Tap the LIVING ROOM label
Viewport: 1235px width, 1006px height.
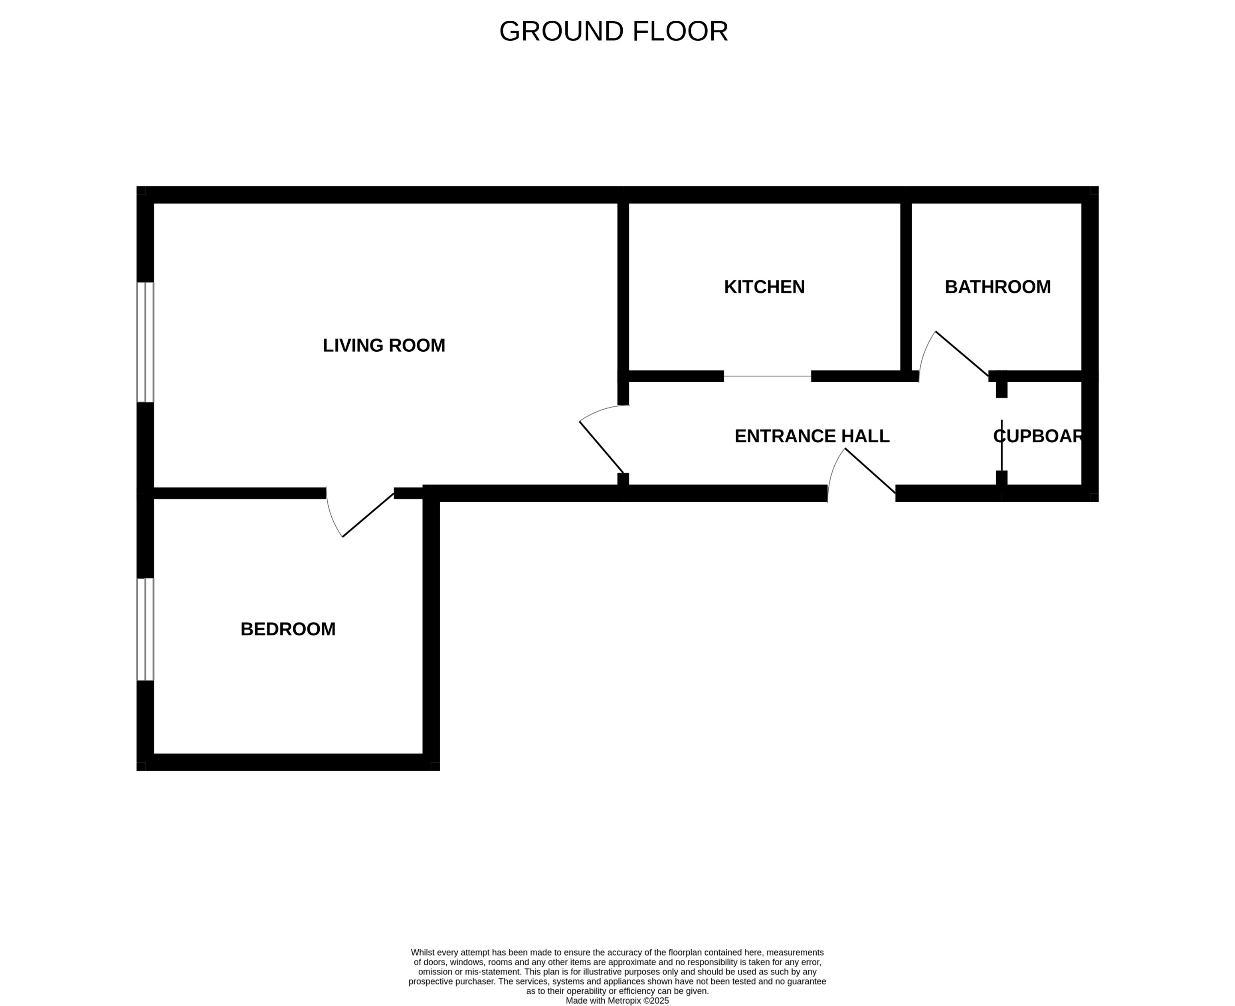click(x=384, y=345)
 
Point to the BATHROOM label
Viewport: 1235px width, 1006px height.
click(x=997, y=287)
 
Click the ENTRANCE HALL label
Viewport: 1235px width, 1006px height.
click(x=811, y=436)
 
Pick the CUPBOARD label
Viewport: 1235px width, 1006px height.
click(x=1038, y=436)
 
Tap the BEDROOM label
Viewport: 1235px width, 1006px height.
click(x=288, y=629)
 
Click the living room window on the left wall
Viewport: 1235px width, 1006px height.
click(x=145, y=342)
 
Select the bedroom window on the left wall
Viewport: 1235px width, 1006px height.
click(x=145, y=629)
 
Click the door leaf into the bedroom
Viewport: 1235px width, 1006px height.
click(x=368, y=515)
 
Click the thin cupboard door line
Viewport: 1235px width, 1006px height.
click(x=1001, y=444)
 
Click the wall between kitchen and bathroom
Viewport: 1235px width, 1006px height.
click(x=906, y=287)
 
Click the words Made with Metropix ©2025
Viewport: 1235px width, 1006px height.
click(x=617, y=1000)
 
